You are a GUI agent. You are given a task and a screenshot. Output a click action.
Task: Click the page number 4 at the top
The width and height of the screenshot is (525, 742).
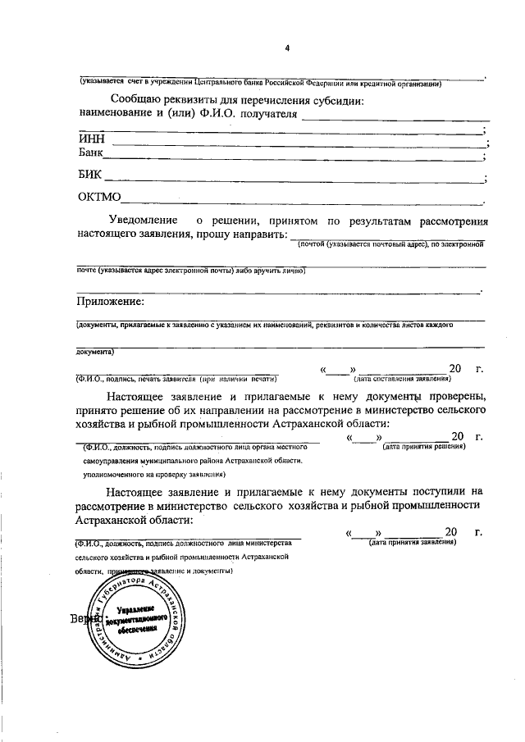click(x=287, y=48)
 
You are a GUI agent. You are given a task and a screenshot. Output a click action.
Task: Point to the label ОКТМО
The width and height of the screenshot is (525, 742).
click(x=99, y=197)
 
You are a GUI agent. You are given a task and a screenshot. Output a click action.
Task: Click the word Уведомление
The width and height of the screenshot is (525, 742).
click(x=144, y=221)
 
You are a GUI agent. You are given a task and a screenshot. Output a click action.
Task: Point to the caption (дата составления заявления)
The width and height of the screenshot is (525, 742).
click(x=402, y=379)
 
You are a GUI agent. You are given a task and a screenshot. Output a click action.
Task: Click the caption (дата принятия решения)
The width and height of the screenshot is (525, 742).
click(x=424, y=446)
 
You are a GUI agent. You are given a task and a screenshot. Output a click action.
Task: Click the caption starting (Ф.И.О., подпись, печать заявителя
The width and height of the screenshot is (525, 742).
click(x=176, y=379)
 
